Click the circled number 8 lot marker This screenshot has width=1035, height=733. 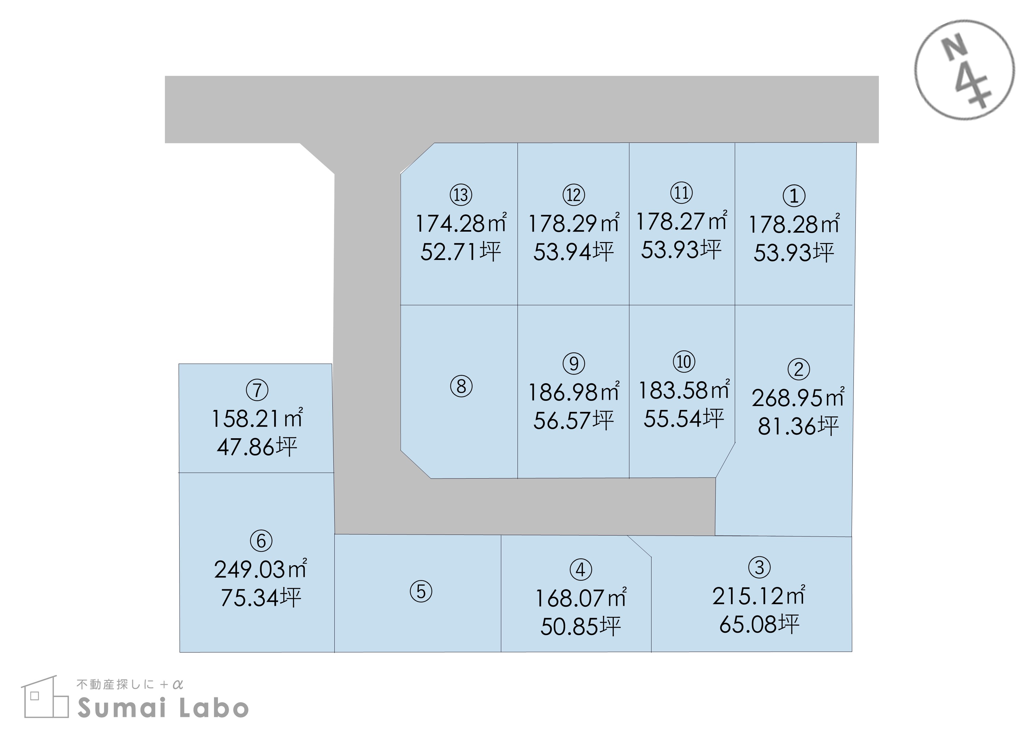[x=461, y=387]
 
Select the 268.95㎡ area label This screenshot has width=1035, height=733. [x=798, y=397]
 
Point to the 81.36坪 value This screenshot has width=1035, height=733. [x=798, y=426]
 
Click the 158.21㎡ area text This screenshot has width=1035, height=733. [x=257, y=418]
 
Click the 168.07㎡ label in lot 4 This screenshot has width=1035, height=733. [x=581, y=598]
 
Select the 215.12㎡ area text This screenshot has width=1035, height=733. [x=759, y=595]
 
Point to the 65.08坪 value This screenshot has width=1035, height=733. [x=759, y=624]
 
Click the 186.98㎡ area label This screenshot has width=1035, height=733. [x=573, y=391]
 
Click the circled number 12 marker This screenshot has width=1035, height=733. [x=573, y=195]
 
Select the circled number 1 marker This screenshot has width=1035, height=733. [x=794, y=196]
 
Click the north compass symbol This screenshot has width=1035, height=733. [x=965, y=70]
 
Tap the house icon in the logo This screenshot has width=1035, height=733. [x=45, y=697]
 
